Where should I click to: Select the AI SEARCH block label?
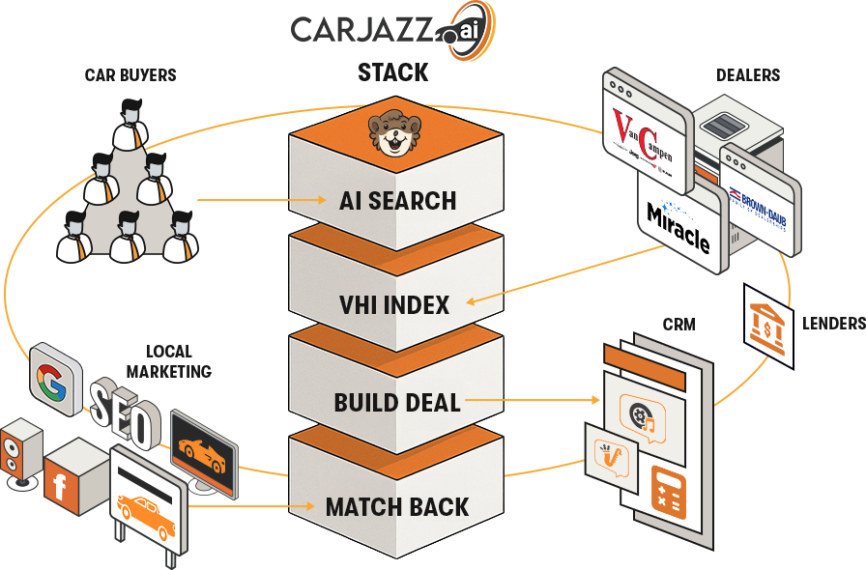[397, 201]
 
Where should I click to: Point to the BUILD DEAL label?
[397, 402]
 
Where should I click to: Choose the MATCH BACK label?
[397, 506]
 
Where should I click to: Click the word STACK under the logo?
[392, 73]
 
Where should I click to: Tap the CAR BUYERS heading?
[130, 74]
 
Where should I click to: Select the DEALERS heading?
[748, 74]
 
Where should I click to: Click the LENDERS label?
[833, 324]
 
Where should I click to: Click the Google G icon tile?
[55, 377]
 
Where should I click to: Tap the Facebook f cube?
[61, 485]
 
